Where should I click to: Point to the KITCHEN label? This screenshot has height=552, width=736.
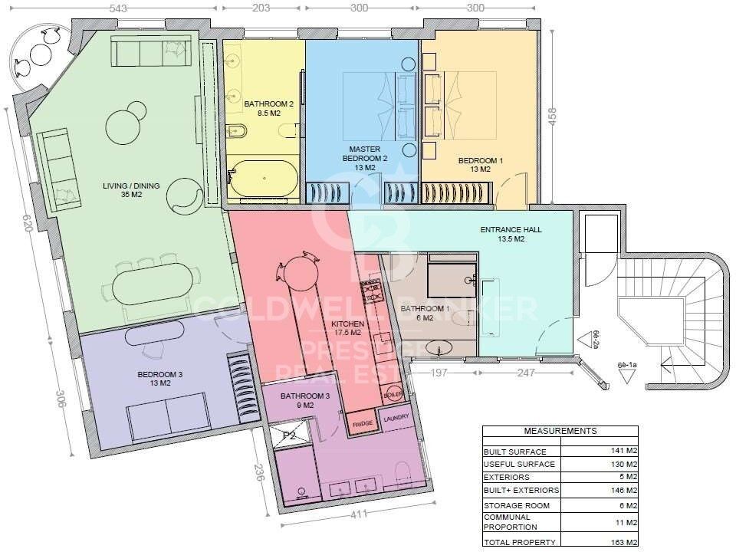coord(347,329)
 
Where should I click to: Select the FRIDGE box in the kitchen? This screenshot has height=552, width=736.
coord(362,423)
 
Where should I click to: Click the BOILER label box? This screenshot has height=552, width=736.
coord(392,394)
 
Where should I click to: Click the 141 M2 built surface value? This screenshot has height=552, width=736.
coord(622,451)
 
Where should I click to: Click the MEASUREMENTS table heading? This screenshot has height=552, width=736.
coord(560,431)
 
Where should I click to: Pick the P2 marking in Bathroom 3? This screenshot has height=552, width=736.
coord(290,435)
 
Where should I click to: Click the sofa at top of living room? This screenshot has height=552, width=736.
coord(149,52)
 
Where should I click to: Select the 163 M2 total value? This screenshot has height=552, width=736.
coord(622,543)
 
